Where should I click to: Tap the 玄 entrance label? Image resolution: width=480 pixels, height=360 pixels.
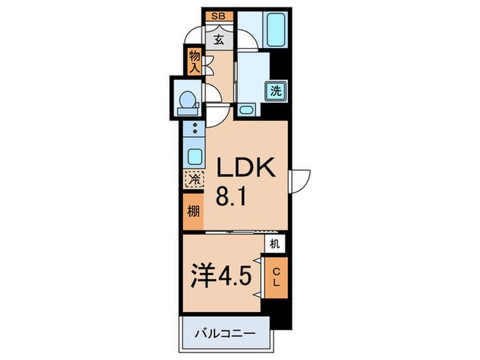pyautogui.click(x=218, y=39)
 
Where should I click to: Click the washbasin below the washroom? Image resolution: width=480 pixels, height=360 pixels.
pyautogui.click(x=246, y=110)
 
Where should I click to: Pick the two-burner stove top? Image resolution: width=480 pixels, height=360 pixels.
pyautogui.click(x=194, y=128)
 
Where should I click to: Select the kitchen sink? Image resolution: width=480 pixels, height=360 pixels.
pyautogui.click(x=194, y=156)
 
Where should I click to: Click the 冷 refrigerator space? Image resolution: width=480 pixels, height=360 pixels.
pyautogui.click(x=193, y=180)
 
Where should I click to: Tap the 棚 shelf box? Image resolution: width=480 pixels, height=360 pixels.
pyautogui.click(x=193, y=211)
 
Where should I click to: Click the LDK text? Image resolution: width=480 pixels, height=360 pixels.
pyautogui.click(x=245, y=167)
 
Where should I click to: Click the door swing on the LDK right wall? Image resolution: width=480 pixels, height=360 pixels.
pyautogui.click(x=300, y=180)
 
